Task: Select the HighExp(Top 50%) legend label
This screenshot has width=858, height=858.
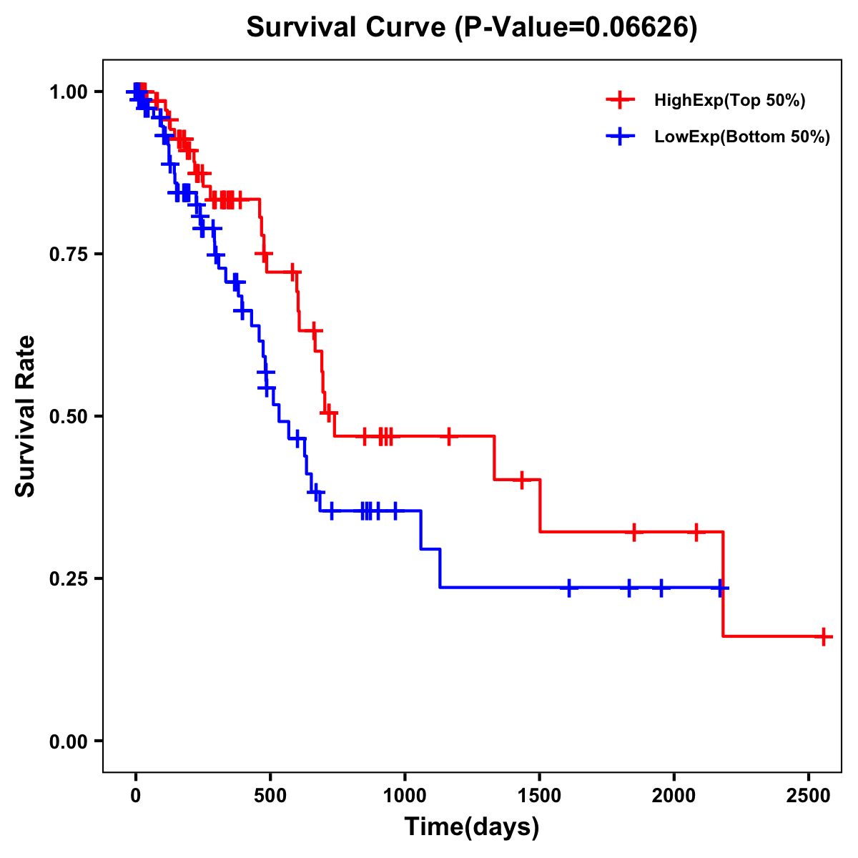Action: pyautogui.click(x=729, y=101)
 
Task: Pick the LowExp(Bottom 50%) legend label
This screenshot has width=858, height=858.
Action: pyautogui.click(x=742, y=137)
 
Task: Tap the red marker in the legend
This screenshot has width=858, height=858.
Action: pyautogui.click(x=620, y=100)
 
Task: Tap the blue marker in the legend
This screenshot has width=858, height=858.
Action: pyautogui.click(x=620, y=137)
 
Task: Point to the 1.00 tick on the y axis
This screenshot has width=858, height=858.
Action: pyautogui.click(x=67, y=92)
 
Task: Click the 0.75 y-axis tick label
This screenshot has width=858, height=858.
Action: pyautogui.click(x=67, y=254)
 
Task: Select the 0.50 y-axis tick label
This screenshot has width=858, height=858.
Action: pyautogui.click(x=67, y=416)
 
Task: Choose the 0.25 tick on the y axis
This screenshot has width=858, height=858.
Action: pyautogui.click(x=67, y=578)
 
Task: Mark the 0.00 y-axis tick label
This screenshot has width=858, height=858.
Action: pyautogui.click(x=67, y=741)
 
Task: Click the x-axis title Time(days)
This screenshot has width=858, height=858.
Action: pyautogui.click(x=472, y=827)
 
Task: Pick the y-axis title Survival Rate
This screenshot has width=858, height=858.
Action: pyautogui.click(x=26, y=416)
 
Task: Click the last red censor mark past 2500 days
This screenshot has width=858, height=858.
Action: pyautogui.click(x=824, y=636)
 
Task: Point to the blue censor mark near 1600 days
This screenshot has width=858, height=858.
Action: pyautogui.click(x=569, y=588)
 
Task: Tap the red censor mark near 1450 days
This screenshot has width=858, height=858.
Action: pyautogui.click(x=522, y=480)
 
